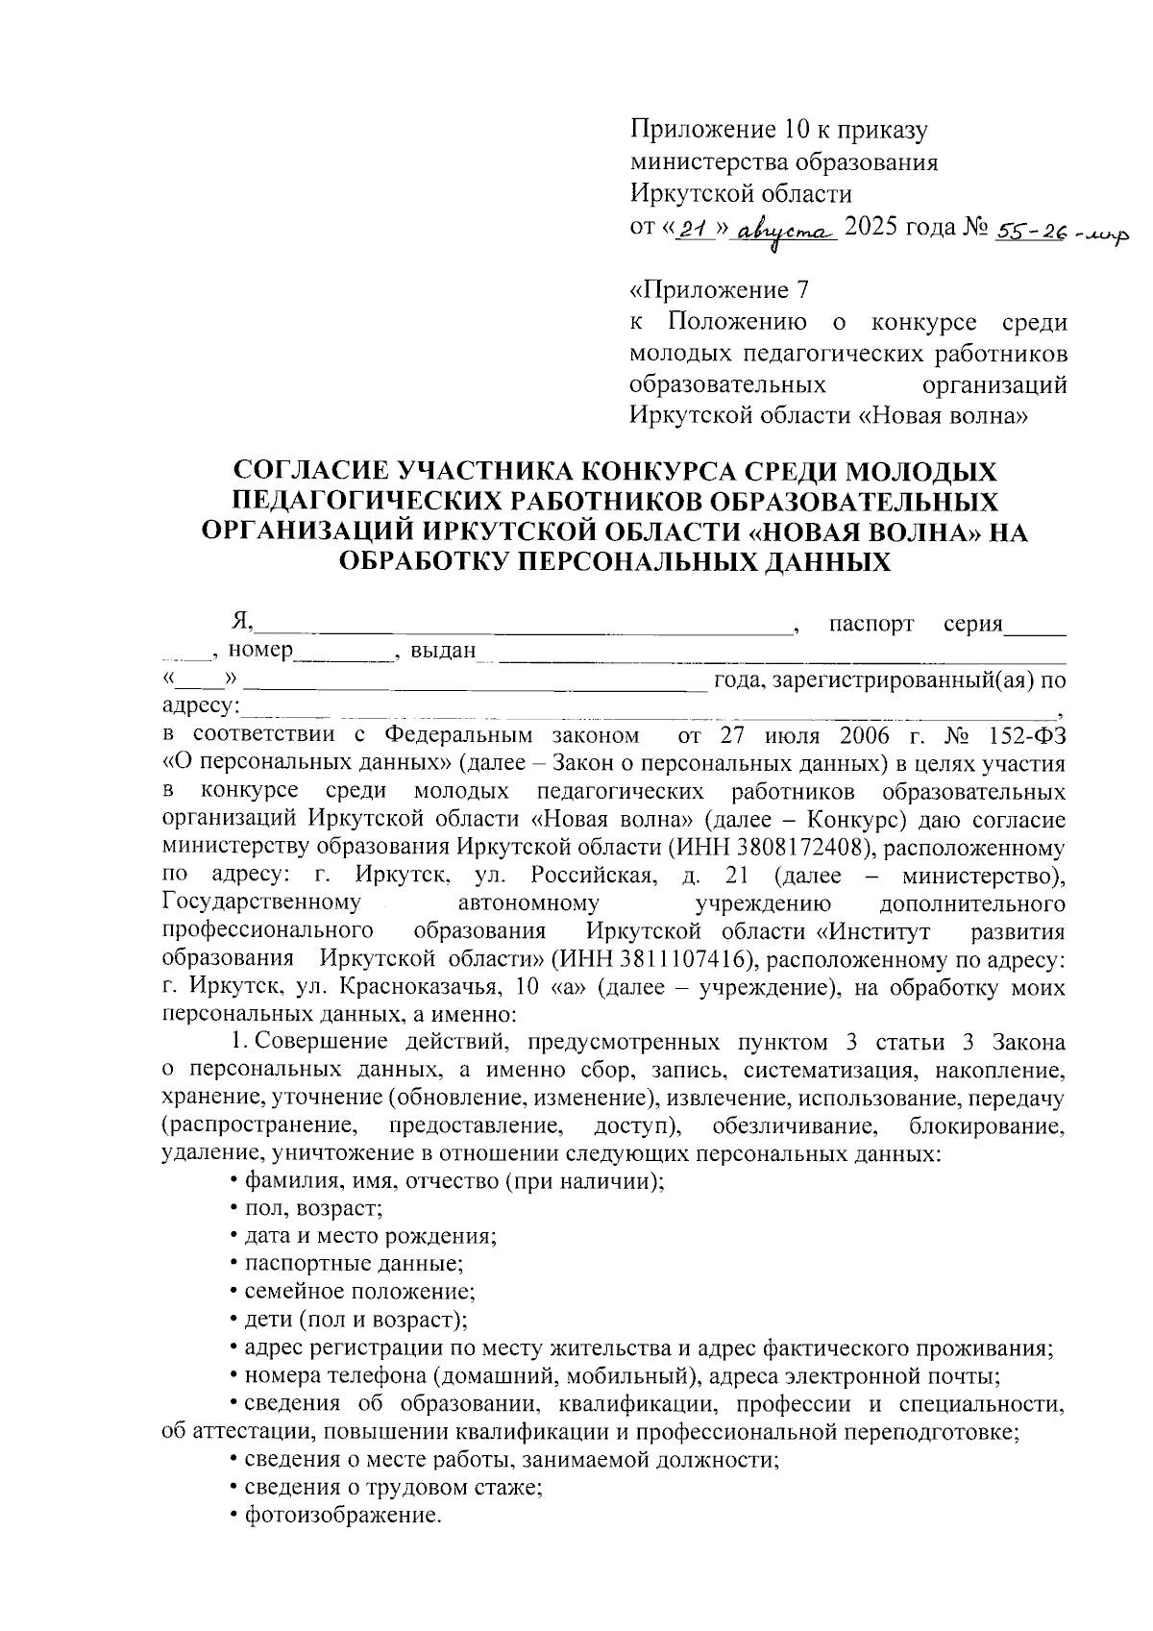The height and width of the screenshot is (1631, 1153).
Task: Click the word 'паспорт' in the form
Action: [871, 625]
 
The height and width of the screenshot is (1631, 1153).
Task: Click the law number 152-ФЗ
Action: [1026, 736]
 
